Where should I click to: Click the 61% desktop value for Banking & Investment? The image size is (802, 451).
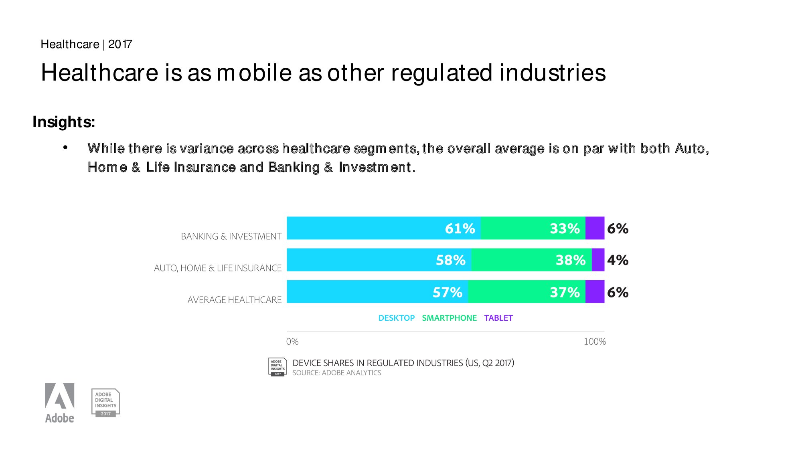tap(460, 229)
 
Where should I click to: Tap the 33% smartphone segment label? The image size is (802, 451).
tap(565, 229)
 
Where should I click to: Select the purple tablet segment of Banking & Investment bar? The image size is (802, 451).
tap(595, 228)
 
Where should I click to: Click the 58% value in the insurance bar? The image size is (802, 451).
tap(451, 260)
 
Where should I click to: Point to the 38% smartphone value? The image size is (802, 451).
tap(571, 260)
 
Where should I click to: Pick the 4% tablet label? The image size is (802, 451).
tap(618, 260)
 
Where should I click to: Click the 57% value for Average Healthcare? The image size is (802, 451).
tap(448, 292)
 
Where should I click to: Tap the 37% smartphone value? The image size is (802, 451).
tap(565, 292)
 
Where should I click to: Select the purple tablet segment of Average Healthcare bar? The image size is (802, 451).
tap(595, 291)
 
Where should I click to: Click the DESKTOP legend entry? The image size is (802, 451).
tap(397, 318)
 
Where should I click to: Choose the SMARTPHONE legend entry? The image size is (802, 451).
tap(449, 318)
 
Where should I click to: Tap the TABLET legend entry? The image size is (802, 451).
tap(498, 318)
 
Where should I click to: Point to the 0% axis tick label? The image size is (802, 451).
tap(292, 342)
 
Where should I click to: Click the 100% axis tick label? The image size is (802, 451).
tap(595, 342)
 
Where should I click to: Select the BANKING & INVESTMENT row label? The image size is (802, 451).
tap(231, 237)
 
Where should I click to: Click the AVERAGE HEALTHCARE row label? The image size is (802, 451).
tap(235, 300)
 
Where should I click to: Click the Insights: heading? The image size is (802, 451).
tap(64, 122)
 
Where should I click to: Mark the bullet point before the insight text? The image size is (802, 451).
tap(65, 148)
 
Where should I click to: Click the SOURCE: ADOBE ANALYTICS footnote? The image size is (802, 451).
tap(337, 373)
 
